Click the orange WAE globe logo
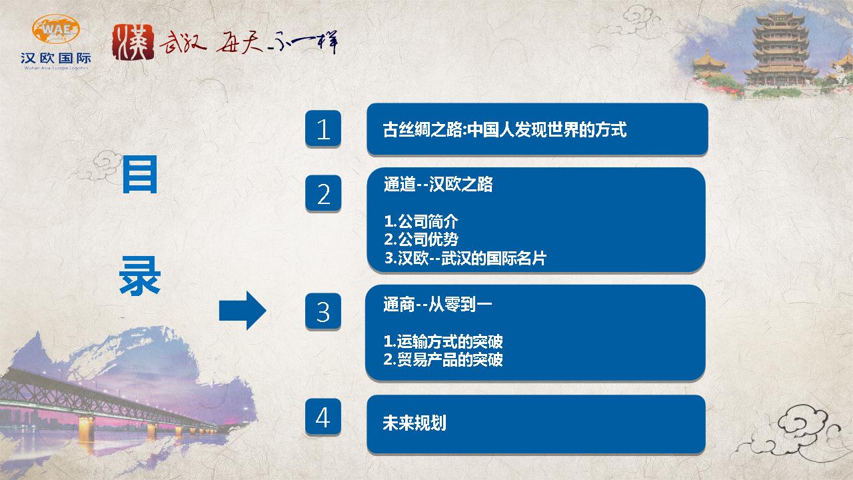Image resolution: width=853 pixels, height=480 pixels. tap(56, 29)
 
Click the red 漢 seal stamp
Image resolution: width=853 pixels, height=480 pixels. tap(133, 42)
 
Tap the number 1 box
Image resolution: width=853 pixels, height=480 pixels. tap(323, 129)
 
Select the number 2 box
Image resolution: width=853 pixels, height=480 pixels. tap(323, 193)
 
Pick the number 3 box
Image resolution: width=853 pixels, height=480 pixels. tap(323, 311)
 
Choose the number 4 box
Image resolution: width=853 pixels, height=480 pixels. tap(323, 417)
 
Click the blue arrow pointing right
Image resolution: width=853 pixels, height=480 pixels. tap(243, 311)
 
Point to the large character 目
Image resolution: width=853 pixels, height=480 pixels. tap(140, 175)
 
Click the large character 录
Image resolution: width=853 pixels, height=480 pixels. tap(140, 275)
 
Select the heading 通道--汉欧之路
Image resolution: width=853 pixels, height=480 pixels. tap(438, 185)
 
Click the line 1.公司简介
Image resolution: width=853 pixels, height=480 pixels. tap(421, 221)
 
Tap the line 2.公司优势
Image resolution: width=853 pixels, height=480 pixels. tap(421, 239)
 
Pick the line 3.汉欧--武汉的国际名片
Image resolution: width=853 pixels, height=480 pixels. tap(465, 258)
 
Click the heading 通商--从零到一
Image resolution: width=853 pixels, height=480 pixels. tap(438, 305)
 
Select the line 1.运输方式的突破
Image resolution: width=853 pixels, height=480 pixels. tap(443, 341)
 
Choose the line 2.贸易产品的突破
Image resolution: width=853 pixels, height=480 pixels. tap(443, 359)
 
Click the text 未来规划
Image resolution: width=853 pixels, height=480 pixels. tap(415, 423)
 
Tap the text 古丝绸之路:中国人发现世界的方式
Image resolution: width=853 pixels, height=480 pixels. tap(504, 129)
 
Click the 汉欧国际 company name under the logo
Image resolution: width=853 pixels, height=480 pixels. tap(56, 58)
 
